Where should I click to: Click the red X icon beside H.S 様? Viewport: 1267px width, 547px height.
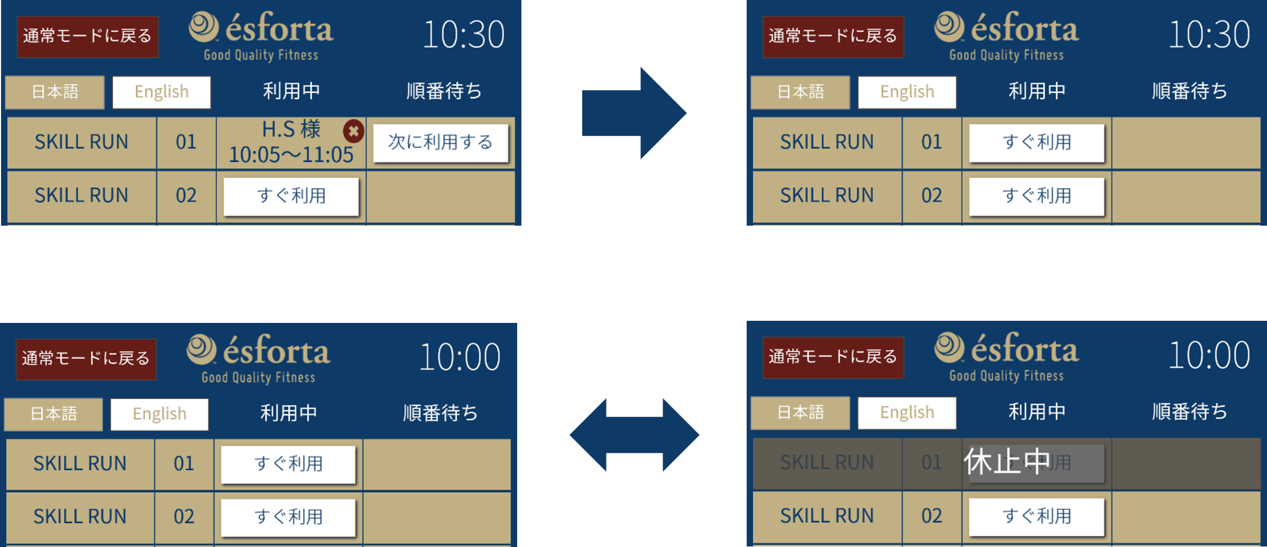353,131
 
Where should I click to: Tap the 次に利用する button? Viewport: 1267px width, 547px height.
440,143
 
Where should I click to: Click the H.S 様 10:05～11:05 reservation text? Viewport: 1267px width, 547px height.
291,142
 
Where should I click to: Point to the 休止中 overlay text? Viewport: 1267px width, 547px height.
1007,461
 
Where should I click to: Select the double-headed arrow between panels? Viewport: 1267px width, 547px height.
634,435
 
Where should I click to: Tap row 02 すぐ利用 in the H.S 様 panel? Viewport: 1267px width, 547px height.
291,196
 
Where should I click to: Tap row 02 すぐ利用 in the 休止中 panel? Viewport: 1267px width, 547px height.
1036,516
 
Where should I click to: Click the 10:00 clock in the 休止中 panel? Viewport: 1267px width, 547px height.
1209,355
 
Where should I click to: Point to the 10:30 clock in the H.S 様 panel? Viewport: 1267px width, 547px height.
463,35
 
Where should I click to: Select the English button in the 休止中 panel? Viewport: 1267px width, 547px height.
906,412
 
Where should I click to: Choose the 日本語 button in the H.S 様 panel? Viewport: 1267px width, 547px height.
55,92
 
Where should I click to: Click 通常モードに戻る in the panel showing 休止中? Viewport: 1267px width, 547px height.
833,357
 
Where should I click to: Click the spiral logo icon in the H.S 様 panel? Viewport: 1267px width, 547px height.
204,27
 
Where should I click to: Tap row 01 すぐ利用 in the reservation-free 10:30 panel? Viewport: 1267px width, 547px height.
1036,143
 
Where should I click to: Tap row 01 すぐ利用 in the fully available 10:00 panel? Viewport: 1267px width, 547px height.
288,464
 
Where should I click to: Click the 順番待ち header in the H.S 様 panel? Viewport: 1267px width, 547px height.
444,91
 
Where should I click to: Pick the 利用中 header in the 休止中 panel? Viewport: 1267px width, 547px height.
1036,411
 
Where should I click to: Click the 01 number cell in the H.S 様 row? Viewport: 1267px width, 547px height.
186,142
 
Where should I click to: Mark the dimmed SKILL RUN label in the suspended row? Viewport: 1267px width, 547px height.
827,462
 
